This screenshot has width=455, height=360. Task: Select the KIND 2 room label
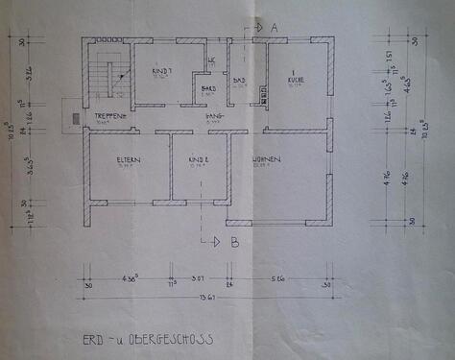(199, 158)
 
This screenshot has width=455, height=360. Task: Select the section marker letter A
(273, 30)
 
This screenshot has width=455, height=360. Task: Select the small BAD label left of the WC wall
(205, 88)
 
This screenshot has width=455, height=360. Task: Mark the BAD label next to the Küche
(240, 81)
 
